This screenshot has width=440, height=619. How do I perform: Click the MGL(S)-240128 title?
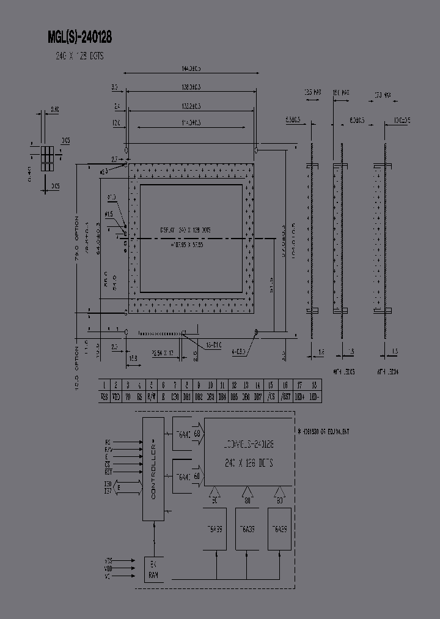(x=79, y=38)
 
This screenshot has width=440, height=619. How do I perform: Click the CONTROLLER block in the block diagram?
(x=153, y=469)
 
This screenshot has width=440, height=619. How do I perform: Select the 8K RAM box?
(x=153, y=570)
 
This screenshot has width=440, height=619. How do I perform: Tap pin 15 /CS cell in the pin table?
(x=269, y=396)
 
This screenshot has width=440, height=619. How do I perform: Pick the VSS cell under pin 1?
(x=105, y=396)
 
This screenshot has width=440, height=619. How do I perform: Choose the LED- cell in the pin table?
(x=314, y=396)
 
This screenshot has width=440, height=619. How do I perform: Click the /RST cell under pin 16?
(x=285, y=396)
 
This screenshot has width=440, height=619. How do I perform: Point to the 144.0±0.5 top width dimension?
(x=191, y=69)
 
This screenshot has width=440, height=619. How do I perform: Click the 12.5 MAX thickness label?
(x=311, y=93)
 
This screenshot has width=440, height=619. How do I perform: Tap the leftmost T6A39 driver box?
(x=216, y=529)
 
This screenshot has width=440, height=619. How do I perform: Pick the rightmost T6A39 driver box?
(x=279, y=529)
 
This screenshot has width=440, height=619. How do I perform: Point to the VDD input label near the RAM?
(x=109, y=568)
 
